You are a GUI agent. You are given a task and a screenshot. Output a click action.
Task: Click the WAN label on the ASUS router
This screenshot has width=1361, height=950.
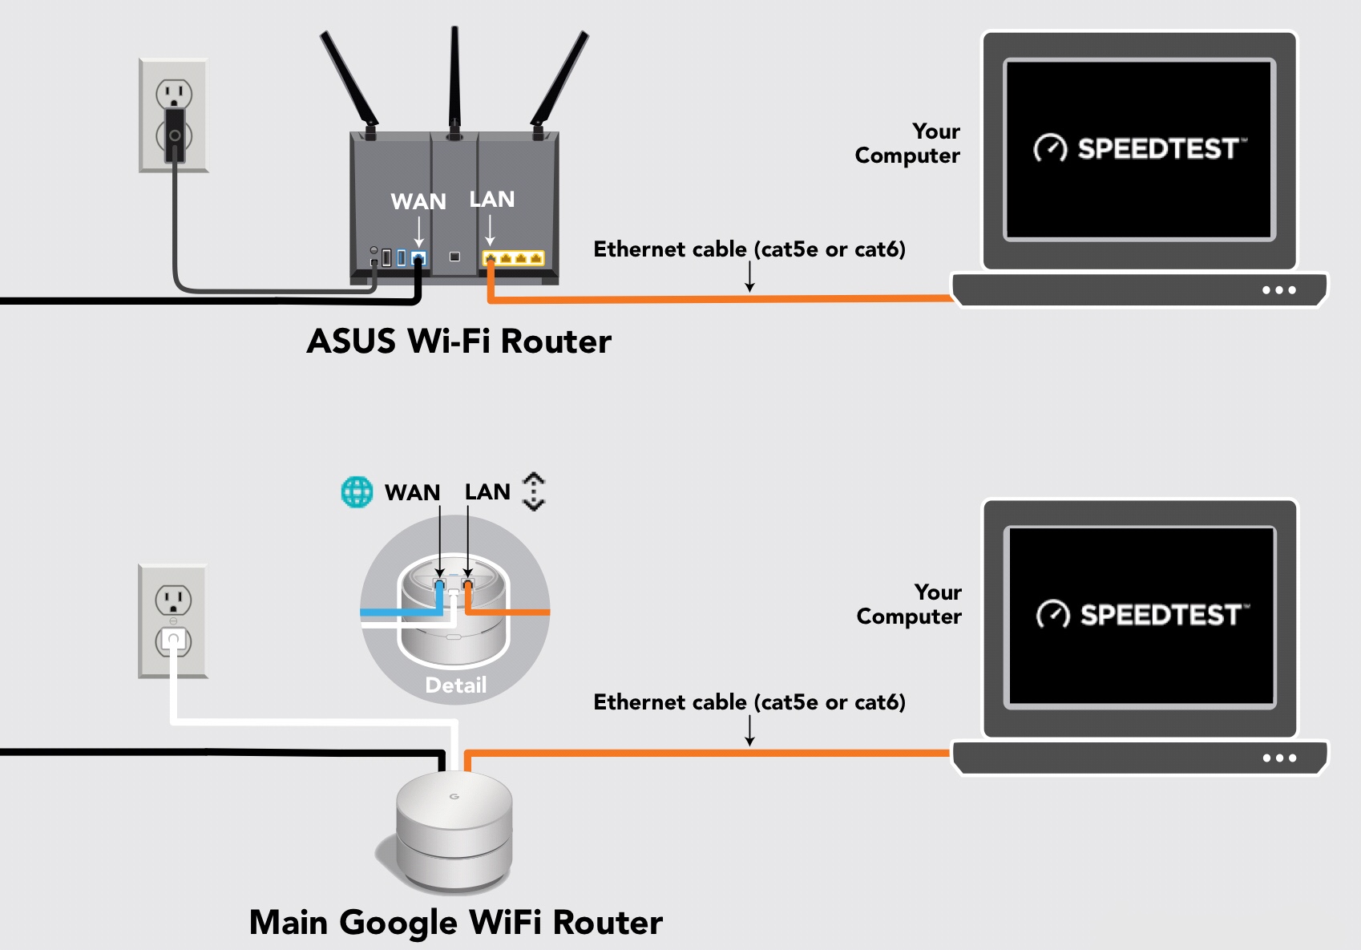(418, 201)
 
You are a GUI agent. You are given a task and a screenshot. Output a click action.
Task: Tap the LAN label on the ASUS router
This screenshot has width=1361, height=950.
(491, 199)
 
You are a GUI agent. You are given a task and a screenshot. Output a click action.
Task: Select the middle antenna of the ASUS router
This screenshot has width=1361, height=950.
(454, 80)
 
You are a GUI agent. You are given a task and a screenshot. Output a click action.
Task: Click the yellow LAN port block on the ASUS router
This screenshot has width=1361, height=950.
(513, 258)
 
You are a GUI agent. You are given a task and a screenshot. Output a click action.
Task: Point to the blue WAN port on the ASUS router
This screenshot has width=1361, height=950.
(418, 258)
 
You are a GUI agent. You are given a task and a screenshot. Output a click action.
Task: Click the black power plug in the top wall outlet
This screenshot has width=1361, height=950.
(175, 135)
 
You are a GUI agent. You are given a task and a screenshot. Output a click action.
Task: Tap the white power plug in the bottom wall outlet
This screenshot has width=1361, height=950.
(173, 639)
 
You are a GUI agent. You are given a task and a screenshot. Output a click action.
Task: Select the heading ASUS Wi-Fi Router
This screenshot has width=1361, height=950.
(458, 342)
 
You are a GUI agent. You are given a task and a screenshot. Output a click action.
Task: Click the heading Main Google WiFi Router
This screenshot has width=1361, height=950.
(455, 922)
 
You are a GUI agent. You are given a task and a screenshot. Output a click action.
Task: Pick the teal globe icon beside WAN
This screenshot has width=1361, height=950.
(357, 491)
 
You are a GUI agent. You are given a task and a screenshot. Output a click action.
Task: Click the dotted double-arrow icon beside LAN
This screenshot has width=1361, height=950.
(534, 491)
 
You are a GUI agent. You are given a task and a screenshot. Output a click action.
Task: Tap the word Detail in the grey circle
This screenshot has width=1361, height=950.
(455, 685)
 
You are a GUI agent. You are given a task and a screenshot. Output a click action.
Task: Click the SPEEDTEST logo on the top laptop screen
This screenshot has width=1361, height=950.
(1140, 148)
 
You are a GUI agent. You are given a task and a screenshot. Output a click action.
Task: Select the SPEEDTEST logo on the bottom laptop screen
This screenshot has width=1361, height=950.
(1142, 615)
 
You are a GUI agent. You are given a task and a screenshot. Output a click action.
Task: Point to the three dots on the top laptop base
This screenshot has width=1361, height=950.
(1278, 290)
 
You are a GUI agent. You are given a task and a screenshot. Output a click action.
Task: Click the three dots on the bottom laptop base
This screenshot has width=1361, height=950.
(1278, 758)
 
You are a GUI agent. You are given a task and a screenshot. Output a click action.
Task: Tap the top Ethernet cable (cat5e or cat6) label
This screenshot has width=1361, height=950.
(749, 249)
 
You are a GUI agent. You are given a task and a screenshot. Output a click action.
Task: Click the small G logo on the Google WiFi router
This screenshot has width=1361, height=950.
(454, 796)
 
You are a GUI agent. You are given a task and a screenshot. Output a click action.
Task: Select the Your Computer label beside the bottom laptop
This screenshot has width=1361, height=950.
(909, 604)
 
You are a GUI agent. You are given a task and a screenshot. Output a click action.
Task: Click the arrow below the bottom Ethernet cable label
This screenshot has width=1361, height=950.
(749, 731)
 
